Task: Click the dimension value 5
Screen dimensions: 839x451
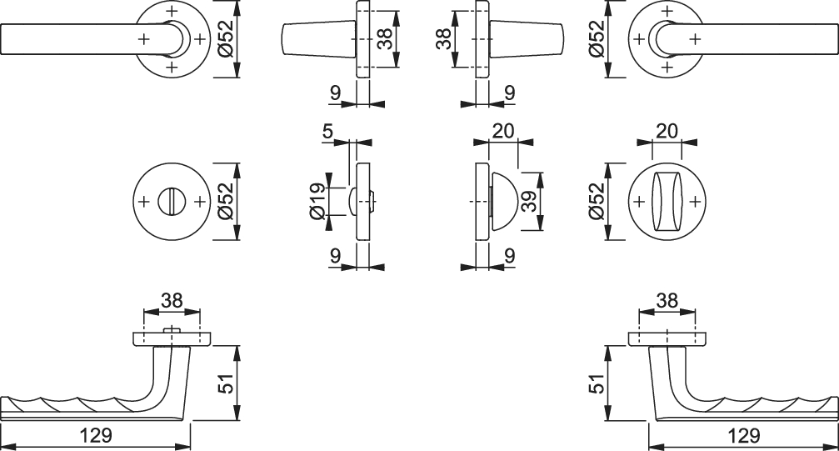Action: pyautogui.click(x=328, y=131)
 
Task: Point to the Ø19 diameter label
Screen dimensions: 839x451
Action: pyautogui.click(x=317, y=202)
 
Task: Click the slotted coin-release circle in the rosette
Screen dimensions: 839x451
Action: pyautogui.click(x=172, y=202)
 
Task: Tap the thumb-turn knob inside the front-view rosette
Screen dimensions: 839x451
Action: pyautogui.click(x=667, y=202)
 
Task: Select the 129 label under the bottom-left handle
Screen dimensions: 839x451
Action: pyautogui.click(x=96, y=435)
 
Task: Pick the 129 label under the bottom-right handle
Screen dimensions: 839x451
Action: pyautogui.click(x=744, y=435)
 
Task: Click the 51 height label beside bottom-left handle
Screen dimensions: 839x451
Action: pyautogui.click(x=228, y=383)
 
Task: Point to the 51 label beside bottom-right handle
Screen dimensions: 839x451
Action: pyautogui.click(x=597, y=383)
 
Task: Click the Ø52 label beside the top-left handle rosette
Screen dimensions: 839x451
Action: pyautogui.click(x=225, y=39)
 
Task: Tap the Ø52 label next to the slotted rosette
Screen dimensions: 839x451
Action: pyautogui.click(x=225, y=202)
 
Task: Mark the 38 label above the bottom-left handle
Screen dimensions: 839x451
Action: pyautogui.click(x=172, y=300)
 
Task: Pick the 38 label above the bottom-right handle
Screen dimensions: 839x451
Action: pyautogui.click(x=667, y=300)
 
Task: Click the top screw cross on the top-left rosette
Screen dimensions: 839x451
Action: pyautogui.click(x=172, y=11)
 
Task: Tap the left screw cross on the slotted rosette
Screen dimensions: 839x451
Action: pyautogui.click(x=143, y=202)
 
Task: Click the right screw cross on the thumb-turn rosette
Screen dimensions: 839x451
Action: pyautogui.click(x=695, y=202)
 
